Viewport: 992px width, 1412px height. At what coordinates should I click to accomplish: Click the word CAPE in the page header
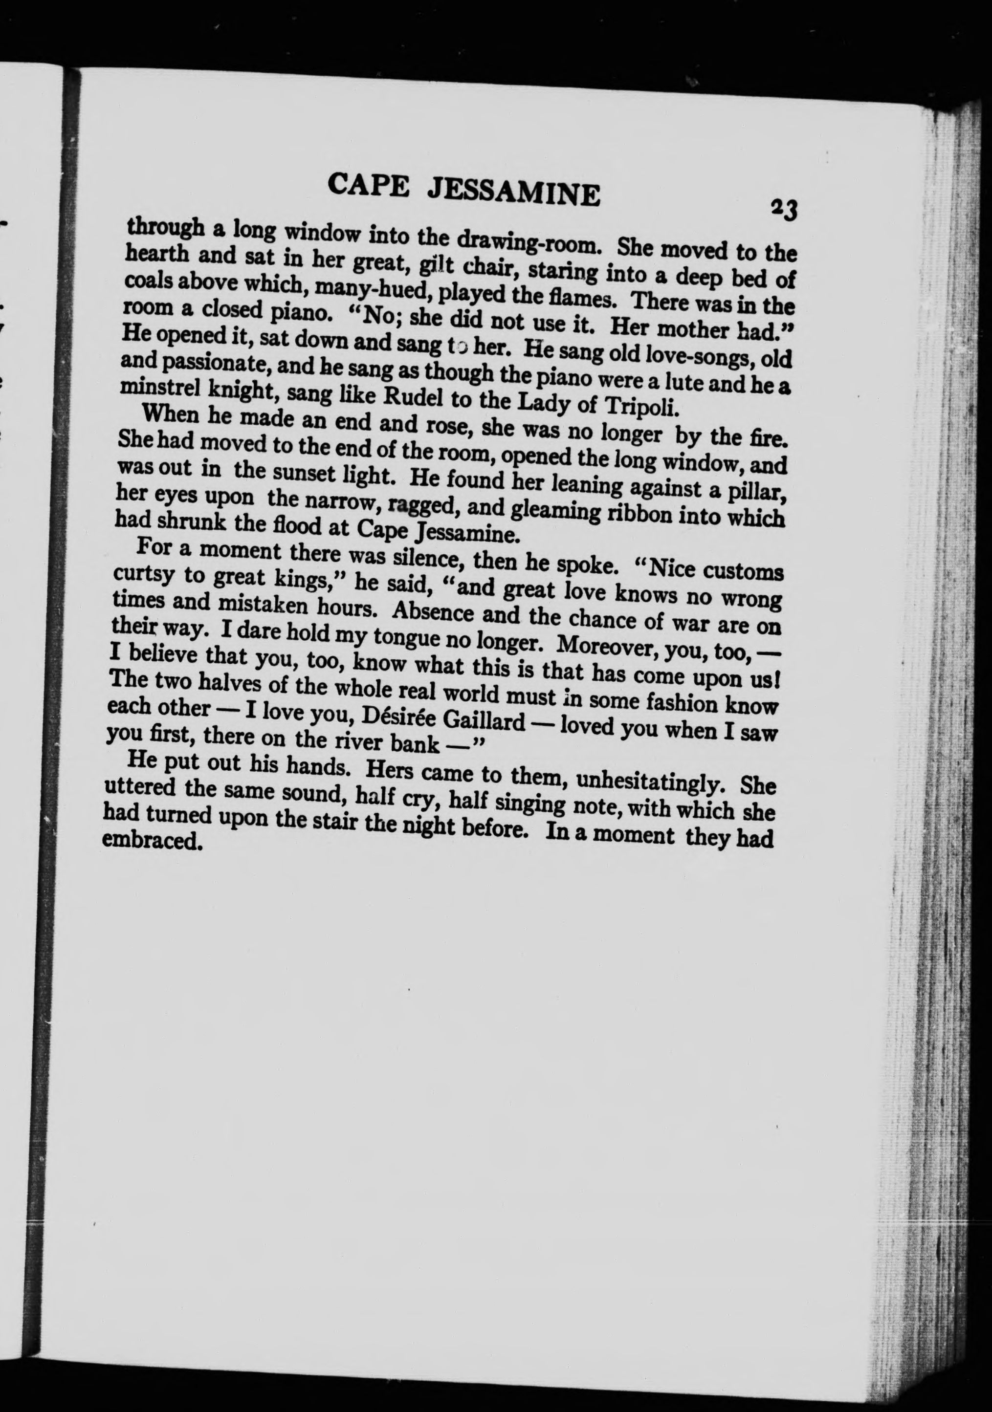tap(368, 184)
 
